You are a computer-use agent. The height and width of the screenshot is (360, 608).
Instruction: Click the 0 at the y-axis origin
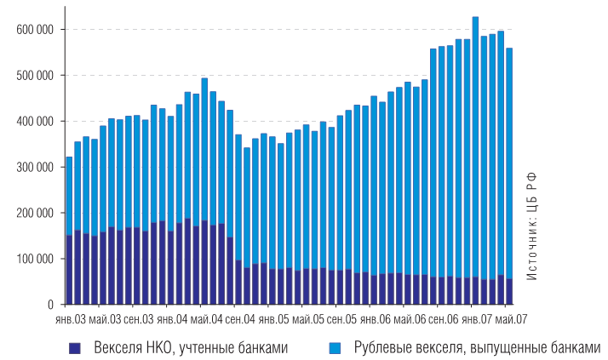point(51,304)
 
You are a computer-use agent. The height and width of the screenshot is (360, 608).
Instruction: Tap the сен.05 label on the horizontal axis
point(341,319)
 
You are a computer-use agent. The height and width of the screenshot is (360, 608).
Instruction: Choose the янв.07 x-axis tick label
point(475,319)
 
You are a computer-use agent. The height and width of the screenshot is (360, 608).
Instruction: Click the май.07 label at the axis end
point(511,319)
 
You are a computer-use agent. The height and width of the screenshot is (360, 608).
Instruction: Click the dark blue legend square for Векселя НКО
point(74,347)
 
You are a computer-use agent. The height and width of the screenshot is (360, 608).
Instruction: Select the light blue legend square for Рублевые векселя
point(334,347)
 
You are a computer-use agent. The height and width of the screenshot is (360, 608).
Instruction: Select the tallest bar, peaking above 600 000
point(475,162)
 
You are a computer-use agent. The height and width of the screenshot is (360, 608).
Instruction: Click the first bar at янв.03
point(69,230)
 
